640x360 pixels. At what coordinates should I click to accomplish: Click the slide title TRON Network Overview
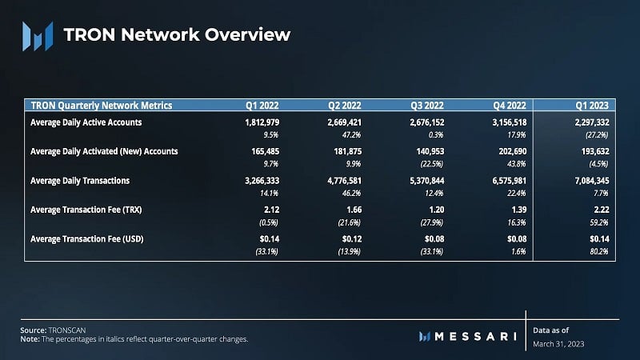tap(176, 34)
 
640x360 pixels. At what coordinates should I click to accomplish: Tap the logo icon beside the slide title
tap(37, 34)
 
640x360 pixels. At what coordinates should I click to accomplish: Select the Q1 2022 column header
tap(262, 106)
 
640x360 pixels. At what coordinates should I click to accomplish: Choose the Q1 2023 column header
tap(590, 106)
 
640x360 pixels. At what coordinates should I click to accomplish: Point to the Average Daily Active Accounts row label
tap(86, 122)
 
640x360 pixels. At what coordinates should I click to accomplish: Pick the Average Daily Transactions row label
tap(79, 181)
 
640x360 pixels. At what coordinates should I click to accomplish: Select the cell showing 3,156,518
tap(502, 122)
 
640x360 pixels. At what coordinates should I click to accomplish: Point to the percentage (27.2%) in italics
tap(594, 135)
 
